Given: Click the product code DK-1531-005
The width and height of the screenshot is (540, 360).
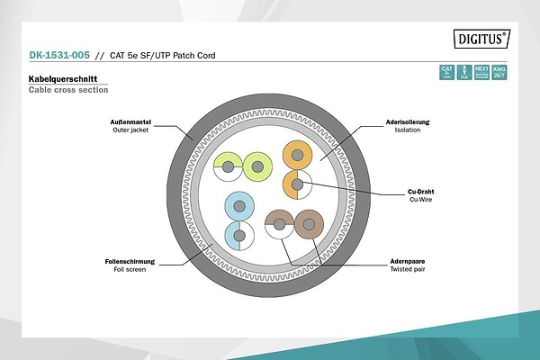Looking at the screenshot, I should pyautogui.click(x=59, y=56).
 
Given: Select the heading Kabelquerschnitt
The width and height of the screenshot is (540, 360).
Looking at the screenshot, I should pyautogui.click(x=63, y=80).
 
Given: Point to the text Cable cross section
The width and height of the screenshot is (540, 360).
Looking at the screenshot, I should pyautogui.click(x=67, y=90).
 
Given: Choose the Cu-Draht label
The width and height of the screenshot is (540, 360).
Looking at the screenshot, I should pyautogui.click(x=421, y=192).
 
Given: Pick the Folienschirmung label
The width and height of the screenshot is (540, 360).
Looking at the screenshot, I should pyautogui.click(x=130, y=261).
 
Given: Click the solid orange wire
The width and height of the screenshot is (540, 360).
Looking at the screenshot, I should pyautogui.click(x=296, y=155).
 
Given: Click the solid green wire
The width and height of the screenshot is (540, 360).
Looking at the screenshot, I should pyautogui.click(x=258, y=166).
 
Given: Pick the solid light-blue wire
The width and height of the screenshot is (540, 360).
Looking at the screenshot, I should pyautogui.click(x=238, y=208).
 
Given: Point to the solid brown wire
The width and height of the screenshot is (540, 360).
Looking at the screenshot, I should pyautogui.click(x=309, y=223).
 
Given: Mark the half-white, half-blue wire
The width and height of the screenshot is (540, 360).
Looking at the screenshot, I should pyautogui.click(x=238, y=237).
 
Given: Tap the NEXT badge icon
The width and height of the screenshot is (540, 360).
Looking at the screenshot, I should pyautogui.click(x=482, y=71).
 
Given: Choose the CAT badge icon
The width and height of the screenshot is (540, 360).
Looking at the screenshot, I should pyautogui.click(x=446, y=71).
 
